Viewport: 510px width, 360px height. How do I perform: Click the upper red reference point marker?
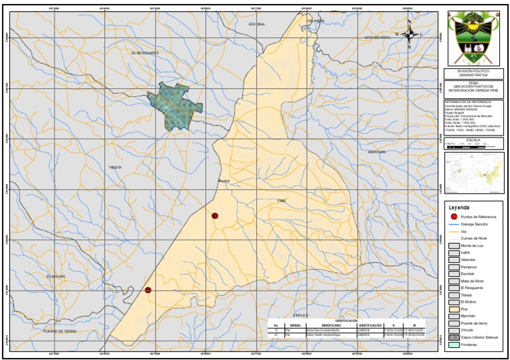pyautogui.click(x=214, y=216)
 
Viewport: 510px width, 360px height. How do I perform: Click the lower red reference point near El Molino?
pyautogui.click(x=148, y=290)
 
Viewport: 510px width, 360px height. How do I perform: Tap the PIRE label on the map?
pyautogui.click(x=280, y=199)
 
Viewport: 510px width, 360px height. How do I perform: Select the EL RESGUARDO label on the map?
pyautogui.click(x=145, y=52)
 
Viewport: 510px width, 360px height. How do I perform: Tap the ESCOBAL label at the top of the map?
pyautogui.click(x=256, y=23)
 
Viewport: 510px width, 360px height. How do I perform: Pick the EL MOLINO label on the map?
pyautogui.click(x=57, y=276)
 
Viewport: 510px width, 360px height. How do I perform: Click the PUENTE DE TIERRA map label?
pyautogui.click(x=60, y=331)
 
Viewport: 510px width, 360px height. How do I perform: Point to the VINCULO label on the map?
pyautogui.click(x=301, y=314)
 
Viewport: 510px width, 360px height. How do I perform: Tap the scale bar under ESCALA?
pyautogui.click(x=465, y=144)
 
